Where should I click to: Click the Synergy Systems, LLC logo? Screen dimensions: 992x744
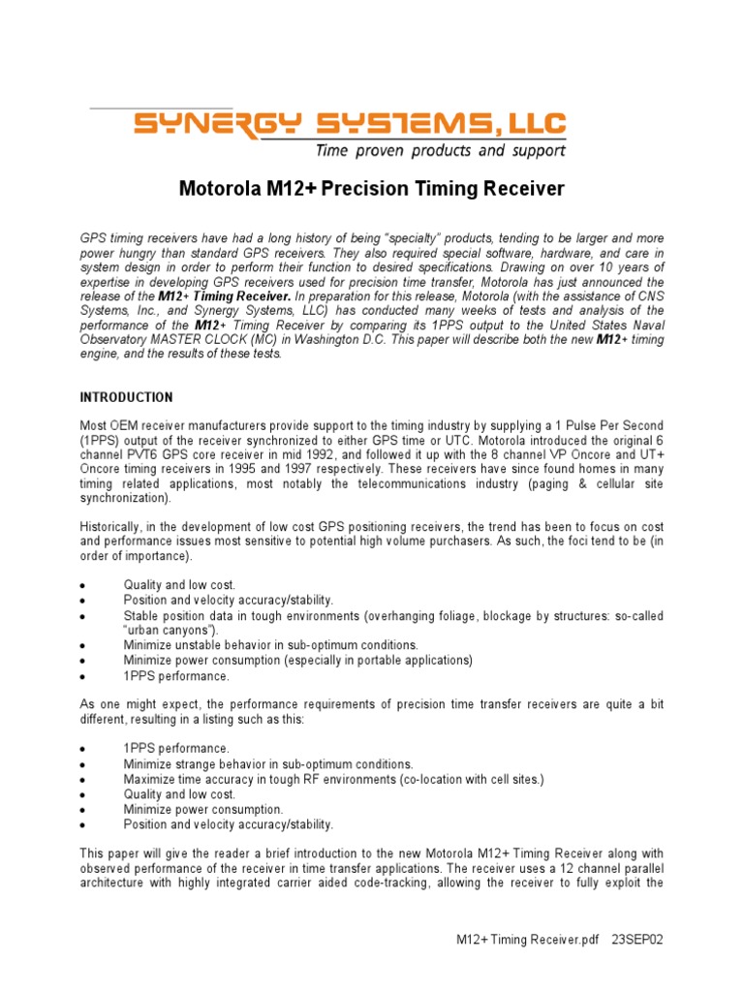pos(350,124)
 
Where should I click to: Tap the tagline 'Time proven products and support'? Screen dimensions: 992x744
pos(440,151)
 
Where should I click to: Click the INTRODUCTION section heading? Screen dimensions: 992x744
pos(126,397)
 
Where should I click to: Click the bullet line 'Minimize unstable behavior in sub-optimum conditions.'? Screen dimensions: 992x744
pos(270,645)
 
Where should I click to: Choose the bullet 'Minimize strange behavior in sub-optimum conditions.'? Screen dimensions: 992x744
pos(267,764)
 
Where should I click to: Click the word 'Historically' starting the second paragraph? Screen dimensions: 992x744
pos(110,526)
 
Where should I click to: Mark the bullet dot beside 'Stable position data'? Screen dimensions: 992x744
pos(84,616)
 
